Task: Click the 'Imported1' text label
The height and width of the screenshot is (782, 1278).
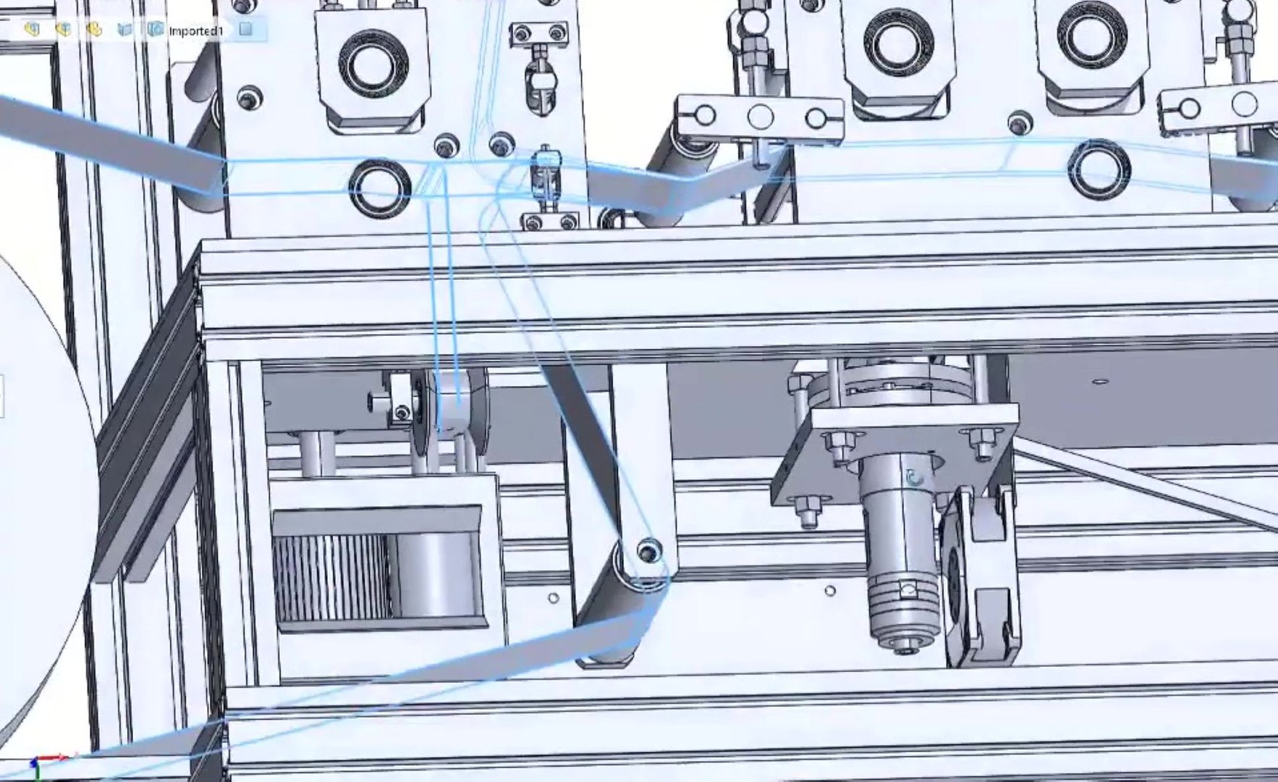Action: pos(195,30)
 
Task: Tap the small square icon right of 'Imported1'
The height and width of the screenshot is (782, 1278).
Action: pos(245,29)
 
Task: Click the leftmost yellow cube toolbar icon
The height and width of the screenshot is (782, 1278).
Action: pos(30,29)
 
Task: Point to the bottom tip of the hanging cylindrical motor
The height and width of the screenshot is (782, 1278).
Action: pos(902,644)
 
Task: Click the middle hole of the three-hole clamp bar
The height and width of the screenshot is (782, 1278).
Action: pos(760,116)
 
